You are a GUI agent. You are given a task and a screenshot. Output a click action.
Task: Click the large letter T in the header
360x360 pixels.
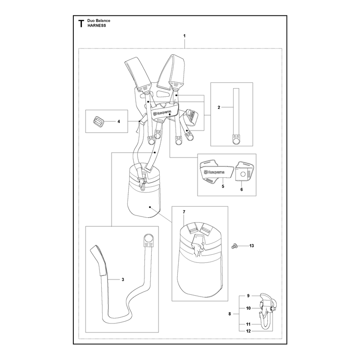(x=81, y=23)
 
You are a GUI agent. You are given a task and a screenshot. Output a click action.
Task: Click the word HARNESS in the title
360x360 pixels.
(x=97, y=26)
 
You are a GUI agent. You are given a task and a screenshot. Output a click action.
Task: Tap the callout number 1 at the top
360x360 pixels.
(x=184, y=36)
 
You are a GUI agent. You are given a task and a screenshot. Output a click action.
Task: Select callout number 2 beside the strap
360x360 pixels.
(x=219, y=107)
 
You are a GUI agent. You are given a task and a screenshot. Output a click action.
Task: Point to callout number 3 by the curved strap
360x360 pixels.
(x=123, y=279)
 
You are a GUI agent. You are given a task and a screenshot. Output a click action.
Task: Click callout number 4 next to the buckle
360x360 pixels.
(x=119, y=121)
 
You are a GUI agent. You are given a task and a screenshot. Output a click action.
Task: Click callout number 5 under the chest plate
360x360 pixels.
(x=223, y=186)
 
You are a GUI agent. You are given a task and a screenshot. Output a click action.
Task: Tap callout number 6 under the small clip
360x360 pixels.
(x=242, y=189)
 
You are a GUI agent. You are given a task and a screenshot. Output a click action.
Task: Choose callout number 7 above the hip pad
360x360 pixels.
(x=184, y=212)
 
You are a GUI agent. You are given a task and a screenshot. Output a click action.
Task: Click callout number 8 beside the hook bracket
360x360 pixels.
(x=229, y=314)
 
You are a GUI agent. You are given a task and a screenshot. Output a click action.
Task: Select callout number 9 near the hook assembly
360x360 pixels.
(x=248, y=296)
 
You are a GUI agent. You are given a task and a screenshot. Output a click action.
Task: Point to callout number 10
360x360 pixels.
(x=248, y=308)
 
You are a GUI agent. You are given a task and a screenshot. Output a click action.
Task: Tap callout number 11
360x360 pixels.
(x=248, y=324)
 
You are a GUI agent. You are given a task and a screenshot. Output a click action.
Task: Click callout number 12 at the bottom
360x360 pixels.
(x=248, y=331)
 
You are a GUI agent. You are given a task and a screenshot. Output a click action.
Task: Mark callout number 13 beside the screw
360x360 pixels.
(x=252, y=246)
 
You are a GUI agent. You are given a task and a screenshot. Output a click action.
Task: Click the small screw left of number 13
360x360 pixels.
(x=234, y=246)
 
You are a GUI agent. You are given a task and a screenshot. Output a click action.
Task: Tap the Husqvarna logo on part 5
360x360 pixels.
(x=215, y=172)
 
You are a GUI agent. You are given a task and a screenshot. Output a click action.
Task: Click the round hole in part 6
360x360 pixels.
(x=243, y=174)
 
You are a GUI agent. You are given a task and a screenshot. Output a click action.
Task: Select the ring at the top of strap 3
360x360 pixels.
(x=148, y=238)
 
